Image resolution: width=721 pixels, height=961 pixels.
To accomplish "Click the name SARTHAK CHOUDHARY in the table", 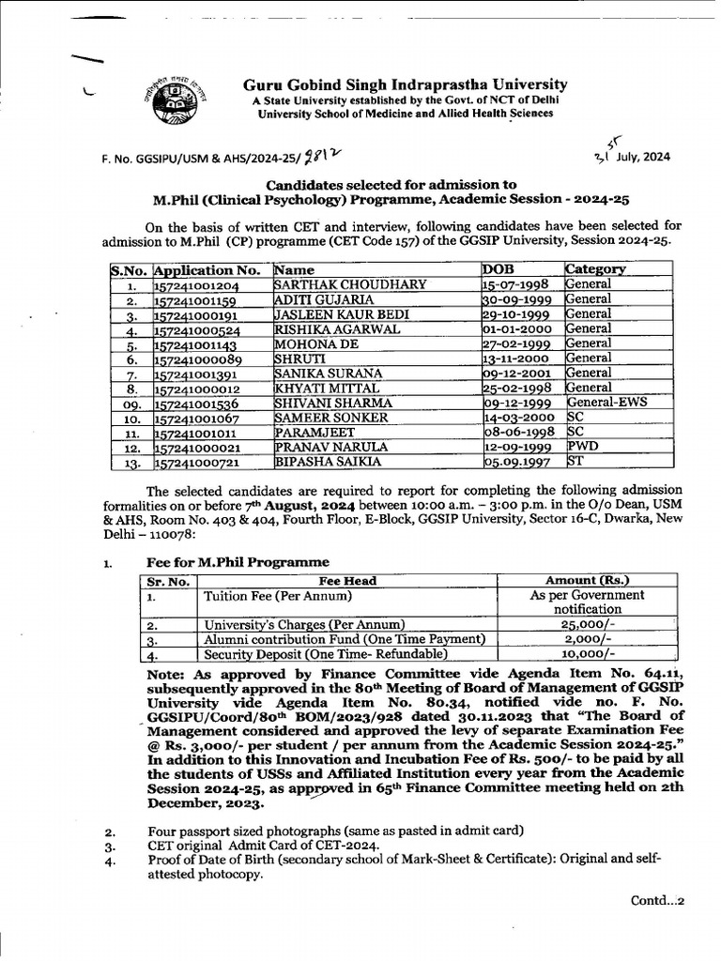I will click(x=349, y=284).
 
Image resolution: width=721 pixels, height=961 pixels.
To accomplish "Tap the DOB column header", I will click(x=499, y=269).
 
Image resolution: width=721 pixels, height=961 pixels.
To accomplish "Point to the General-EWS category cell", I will click(x=606, y=403).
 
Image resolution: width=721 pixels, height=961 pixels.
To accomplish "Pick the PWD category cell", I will click(x=581, y=447).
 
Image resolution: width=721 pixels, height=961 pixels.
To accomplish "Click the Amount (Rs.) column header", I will click(x=588, y=581).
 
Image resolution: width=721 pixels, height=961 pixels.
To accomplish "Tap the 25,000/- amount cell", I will click(x=588, y=624).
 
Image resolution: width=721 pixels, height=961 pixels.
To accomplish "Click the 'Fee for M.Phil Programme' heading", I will click(x=238, y=562).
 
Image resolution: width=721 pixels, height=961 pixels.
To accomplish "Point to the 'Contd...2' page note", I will click(x=657, y=901).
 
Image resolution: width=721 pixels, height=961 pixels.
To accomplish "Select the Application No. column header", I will click(x=207, y=269).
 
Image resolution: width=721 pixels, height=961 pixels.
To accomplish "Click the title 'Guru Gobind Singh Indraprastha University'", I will click(x=406, y=84).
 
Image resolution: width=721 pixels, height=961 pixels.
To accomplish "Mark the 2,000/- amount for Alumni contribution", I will click(x=588, y=639).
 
